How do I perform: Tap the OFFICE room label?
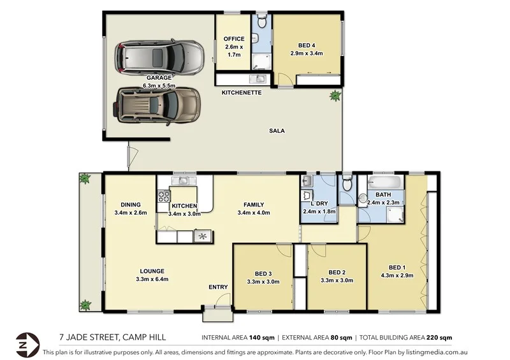point(234,39)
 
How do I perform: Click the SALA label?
point(277,131)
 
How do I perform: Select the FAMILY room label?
point(254,205)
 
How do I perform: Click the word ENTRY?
point(218,287)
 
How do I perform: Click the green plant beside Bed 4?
point(333,96)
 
